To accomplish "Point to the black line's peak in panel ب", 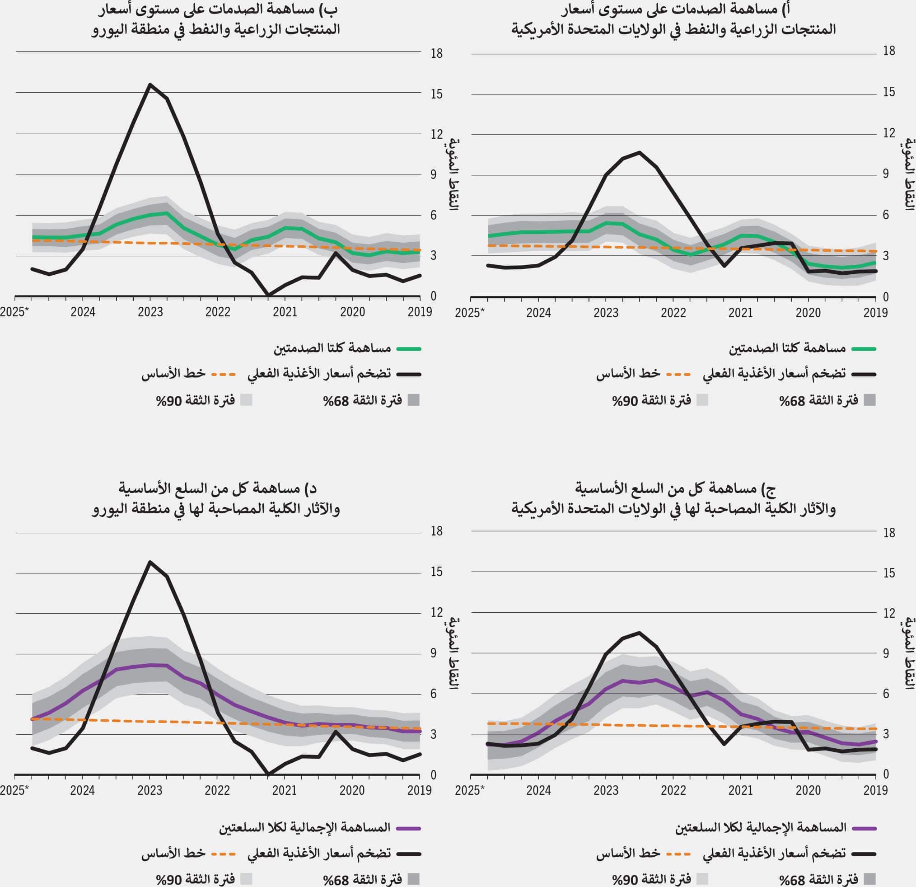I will tap(150, 84).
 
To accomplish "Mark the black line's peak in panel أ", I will tap(639, 152).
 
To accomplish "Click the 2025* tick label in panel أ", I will tap(470, 312).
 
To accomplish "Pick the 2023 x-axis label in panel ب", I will tap(150, 312).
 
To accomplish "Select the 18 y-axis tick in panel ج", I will tap(889, 533).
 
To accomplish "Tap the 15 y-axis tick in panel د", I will tap(436, 572).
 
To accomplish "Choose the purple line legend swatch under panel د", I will tap(408, 828).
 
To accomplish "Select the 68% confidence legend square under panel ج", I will tap(869, 879).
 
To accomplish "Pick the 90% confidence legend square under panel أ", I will tap(702, 400).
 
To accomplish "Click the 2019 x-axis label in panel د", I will tap(419, 791).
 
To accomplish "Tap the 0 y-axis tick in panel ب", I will tap(434, 296).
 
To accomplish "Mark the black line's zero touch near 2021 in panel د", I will tap(268, 774).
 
